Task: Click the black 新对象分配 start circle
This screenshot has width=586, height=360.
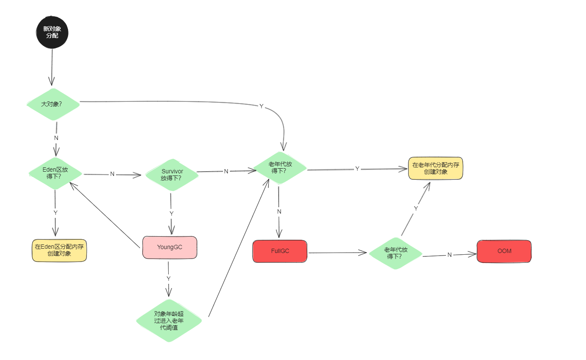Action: click(x=52, y=33)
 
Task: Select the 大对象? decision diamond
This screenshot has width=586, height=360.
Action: click(x=53, y=104)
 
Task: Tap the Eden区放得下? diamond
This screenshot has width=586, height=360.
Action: click(x=55, y=173)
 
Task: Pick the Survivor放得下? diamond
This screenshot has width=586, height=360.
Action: click(x=172, y=175)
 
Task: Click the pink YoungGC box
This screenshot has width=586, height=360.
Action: click(x=170, y=247)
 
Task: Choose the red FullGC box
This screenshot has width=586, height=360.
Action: click(x=280, y=251)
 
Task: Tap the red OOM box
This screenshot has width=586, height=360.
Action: click(x=504, y=251)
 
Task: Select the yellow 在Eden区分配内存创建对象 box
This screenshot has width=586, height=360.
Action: click(x=59, y=250)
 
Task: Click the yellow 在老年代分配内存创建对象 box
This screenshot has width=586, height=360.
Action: click(x=435, y=168)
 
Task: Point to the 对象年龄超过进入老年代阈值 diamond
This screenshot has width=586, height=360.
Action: click(x=169, y=321)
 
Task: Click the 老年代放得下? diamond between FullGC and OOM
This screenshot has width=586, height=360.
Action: click(x=396, y=253)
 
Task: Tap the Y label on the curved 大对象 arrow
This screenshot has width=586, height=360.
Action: click(x=261, y=106)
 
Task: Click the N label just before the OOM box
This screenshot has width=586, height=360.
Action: click(x=449, y=255)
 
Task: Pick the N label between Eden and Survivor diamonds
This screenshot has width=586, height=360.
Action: click(x=112, y=174)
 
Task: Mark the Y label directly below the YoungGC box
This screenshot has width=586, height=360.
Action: click(x=169, y=278)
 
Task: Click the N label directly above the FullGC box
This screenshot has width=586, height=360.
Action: click(x=279, y=211)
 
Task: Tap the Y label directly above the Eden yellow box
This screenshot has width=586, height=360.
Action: click(x=55, y=213)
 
